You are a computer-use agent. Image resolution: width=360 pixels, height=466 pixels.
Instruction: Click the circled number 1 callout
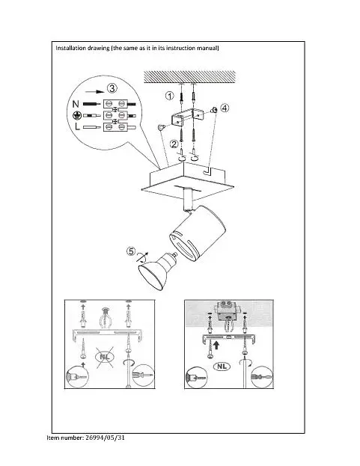click(169, 96)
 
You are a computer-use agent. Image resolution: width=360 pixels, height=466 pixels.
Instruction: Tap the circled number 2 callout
click(174, 144)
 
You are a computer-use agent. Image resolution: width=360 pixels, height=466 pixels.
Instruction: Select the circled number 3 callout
click(112, 88)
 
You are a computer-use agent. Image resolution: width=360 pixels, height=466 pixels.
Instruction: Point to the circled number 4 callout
click(225, 108)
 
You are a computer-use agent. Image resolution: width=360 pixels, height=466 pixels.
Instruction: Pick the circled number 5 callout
click(131, 251)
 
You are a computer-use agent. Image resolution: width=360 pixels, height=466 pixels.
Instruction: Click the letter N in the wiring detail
click(76, 104)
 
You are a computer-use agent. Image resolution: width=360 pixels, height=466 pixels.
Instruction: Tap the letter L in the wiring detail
click(77, 127)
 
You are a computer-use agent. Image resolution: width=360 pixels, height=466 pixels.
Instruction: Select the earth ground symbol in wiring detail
click(76, 115)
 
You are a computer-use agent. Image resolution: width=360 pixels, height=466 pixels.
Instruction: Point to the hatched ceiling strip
click(189, 77)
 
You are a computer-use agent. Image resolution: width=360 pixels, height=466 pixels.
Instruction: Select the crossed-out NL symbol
click(105, 357)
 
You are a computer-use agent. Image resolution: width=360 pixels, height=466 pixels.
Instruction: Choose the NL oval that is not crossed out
click(222, 367)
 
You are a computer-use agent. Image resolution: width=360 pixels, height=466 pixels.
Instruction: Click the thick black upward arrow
click(216, 344)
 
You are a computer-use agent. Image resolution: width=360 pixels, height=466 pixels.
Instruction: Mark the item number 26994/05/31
click(106, 438)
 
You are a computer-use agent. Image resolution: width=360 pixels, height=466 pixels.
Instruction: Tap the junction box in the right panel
click(227, 310)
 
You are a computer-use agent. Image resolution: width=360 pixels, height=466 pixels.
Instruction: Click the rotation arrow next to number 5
click(142, 257)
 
